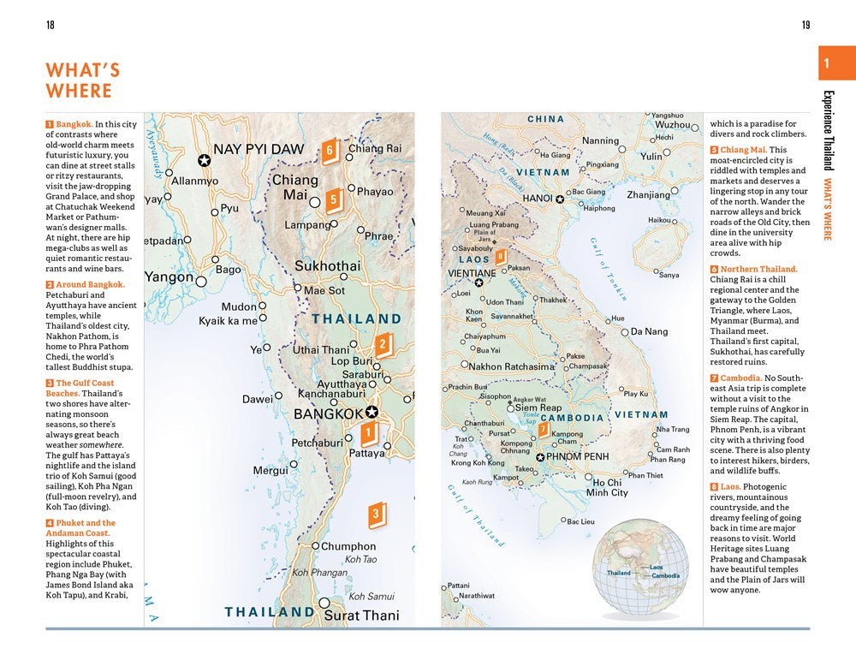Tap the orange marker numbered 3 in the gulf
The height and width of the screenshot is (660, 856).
pyautogui.click(x=376, y=514)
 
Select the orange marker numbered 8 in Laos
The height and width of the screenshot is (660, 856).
pyautogui.click(x=500, y=255)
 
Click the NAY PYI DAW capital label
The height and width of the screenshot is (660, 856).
pyautogui.click(x=258, y=150)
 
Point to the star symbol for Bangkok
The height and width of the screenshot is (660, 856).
pyautogui.click(x=371, y=412)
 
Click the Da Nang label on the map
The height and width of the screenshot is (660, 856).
pyautogui.click(x=649, y=332)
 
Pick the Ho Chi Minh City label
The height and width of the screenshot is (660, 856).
pyautogui.click(x=607, y=487)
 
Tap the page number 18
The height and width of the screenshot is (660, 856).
pyautogui.click(x=50, y=25)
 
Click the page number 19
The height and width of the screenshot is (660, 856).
pyautogui.click(x=805, y=25)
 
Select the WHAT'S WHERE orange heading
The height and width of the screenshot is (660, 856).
pyautogui.click(x=82, y=80)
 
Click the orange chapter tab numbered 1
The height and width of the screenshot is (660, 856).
pyautogui.click(x=826, y=63)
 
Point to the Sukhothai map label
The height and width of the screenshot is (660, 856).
pyautogui.click(x=327, y=266)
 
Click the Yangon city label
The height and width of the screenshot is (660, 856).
pyautogui.click(x=169, y=277)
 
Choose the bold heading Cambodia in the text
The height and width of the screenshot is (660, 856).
pyautogui.click(x=740, y=378)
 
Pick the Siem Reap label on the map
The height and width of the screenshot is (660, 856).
pyautogui.click(x=538, y=408)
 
